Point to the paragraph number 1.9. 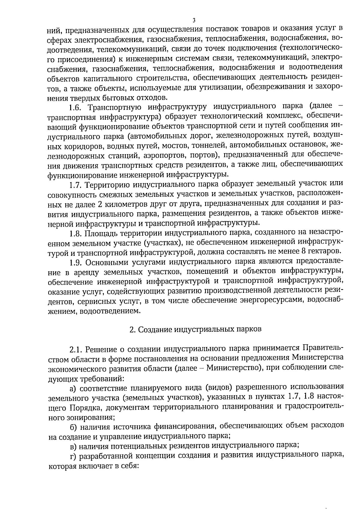click(x=76, y=262)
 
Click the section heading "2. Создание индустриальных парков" click(x=195, y=329)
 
